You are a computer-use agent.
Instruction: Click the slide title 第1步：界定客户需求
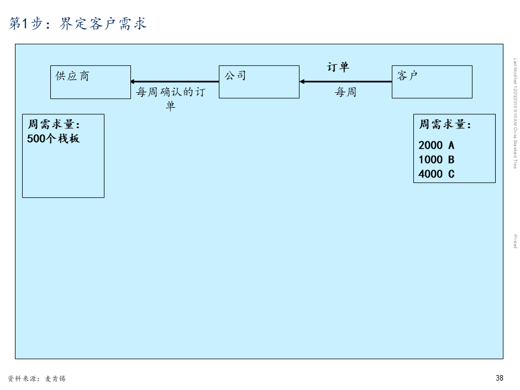(x=78, y=23)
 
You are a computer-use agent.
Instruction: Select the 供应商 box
(x=91, y=82)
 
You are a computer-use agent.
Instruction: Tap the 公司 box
(x=259, y=82)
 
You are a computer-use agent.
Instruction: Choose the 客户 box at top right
(x=432, y=82)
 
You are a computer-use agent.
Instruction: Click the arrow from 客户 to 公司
(x=346, y=82)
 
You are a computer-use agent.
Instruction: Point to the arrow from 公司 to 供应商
(x=175, y=82)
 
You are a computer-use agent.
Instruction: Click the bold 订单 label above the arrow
(x=338, y=67)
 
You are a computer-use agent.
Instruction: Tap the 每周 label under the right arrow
(x=346, y=92)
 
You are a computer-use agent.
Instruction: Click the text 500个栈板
(x=54, y=139)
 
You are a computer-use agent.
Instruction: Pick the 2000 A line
(x=437, y=145)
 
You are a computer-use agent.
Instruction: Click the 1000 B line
(x=437, y=160)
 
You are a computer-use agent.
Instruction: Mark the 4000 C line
(x=437, y=174)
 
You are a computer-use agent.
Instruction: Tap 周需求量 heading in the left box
(x=54, y=125)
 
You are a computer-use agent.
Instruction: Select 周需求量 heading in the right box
(x=445, y=125)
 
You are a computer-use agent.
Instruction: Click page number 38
(x=500, y=378)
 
